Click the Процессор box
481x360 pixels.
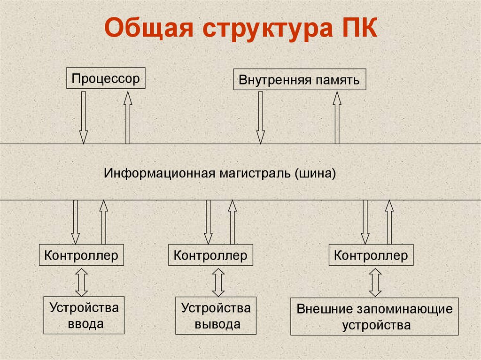pyautogui.click(x=106, y=78)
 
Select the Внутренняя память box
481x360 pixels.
pyautogui.click(x=299, y=80)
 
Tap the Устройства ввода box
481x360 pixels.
pyautogui.click(x=84, y=315)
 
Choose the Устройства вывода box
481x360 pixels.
pyautogui.click(x=217, y=315)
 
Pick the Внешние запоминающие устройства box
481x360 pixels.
pyautogui.click(x=374, y=316)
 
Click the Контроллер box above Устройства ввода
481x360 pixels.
pyautogui.click(x=81, y=256)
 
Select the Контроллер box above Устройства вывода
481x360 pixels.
pyautogui.click(x=210, y=256)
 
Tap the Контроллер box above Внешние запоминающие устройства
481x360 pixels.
pyautogui.click(x=371, y=256)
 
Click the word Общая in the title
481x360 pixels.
pyautogui.click(x=149, y=30)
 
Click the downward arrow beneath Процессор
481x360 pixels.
pyautogui.click(x=84, y=117)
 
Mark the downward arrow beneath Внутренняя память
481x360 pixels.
pyautogui.click(x=260, y=117)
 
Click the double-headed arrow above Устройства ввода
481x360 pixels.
pyautogui.click(x=82, y=282)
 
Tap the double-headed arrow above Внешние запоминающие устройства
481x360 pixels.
pyautogui.click(x=375, y=283)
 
